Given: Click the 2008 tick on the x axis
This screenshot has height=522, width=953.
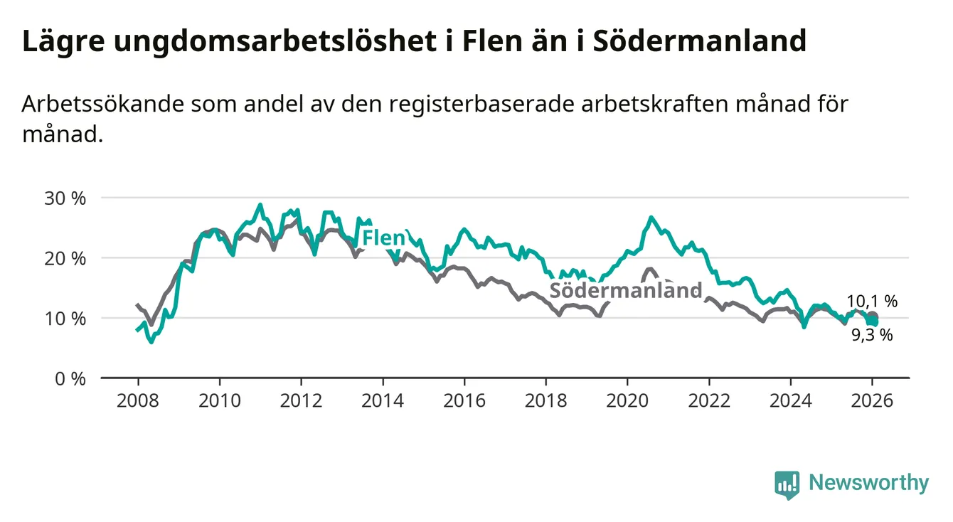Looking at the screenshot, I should [137, 400].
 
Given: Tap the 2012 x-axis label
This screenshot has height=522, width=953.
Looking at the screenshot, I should [301, 400].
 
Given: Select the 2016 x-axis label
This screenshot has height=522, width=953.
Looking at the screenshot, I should [464, 400].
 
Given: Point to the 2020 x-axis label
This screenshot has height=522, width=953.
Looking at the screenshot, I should [627, 400].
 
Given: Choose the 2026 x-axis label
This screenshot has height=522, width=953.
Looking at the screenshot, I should [872, 400].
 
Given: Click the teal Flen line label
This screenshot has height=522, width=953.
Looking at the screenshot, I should [383, 238].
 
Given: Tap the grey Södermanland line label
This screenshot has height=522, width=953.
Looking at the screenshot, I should [626, 290].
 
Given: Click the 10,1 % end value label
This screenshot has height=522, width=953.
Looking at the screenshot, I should [872, 302].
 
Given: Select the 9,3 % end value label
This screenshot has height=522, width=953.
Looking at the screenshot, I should [872, 335].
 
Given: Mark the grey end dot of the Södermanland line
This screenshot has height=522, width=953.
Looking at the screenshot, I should [873, 317].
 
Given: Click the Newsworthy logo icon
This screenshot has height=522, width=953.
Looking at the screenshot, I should [787, 484].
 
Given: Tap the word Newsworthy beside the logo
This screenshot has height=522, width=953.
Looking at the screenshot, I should [868, 484].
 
